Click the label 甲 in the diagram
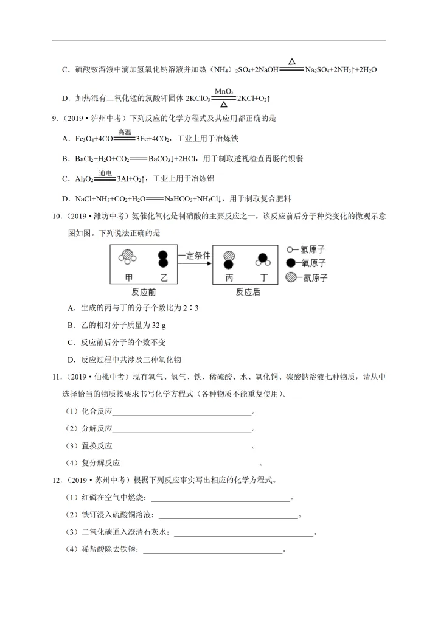pyautogui.click(x=128, y=277)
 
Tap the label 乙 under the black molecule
pyautogui.click(x=162, y=277)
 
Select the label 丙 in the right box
pyautogui.click(x=229, y=277)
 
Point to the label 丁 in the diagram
pyautogui.click(x=263, y=277)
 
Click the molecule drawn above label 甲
pyautogui.click(x=127, y=257)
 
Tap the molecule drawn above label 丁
pyautogui.click(x=263, y=259)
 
